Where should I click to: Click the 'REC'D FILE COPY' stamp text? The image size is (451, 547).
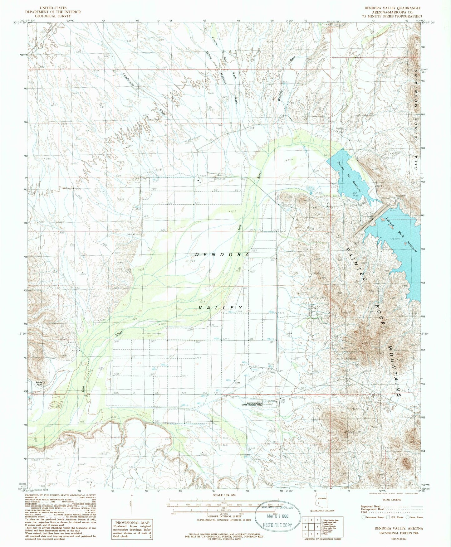coord(277,525)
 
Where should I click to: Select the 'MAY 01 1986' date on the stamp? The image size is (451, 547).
coord(277,516)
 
